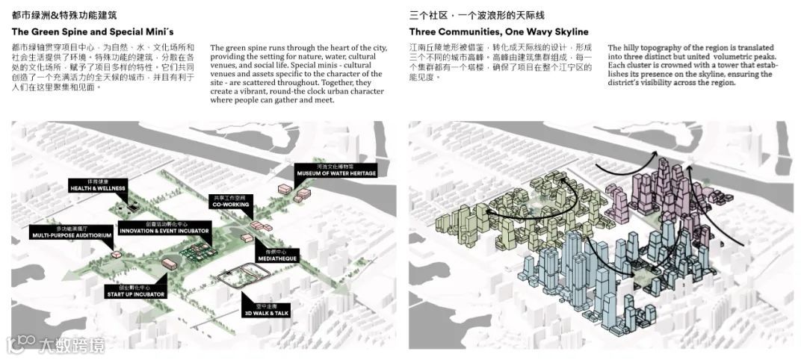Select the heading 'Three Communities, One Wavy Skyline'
(498, 32)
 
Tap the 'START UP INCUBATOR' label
(135, 292)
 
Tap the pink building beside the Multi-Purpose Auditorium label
(117, 255)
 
